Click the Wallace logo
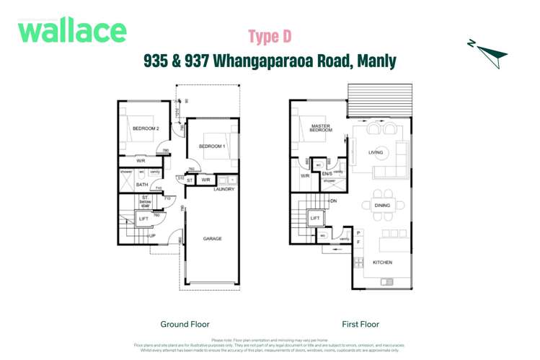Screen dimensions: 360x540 72,30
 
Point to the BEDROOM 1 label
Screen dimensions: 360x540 212,146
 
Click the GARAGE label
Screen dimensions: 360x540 212,239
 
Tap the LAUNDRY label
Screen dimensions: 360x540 224,189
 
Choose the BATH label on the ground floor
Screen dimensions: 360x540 142,185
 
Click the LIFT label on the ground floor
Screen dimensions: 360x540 143,218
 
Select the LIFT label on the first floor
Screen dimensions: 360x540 315,217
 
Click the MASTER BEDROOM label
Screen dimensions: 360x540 321,128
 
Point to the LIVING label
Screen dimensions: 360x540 376,152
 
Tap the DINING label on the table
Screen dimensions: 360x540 382,206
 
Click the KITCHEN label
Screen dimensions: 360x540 382,263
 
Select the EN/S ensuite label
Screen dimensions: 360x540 326,174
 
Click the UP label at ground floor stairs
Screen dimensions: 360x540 151,236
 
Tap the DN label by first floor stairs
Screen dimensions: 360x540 333,201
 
